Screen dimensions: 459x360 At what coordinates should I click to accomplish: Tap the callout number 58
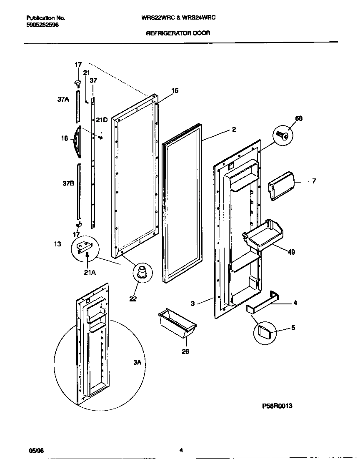pyautogui.click(x=298, y=118)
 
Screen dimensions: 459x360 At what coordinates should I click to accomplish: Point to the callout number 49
pyautogui.click(x=291, y=252)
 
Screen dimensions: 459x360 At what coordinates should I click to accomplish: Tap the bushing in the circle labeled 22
pyautogui.click(x=141, y=272)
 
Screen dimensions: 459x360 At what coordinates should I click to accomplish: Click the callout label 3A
pyautogui.click(x=137, y=363)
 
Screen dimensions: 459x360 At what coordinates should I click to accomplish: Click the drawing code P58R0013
pyautogui.click(x=277, y=406)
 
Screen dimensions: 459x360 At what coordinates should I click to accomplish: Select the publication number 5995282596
pyautogui.click(x=42, y=25)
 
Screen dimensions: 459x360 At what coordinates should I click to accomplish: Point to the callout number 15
pyautogui.click(x=175, y=90)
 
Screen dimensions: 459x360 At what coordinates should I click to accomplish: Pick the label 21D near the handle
pyautogui.click(x=102, y=120)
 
